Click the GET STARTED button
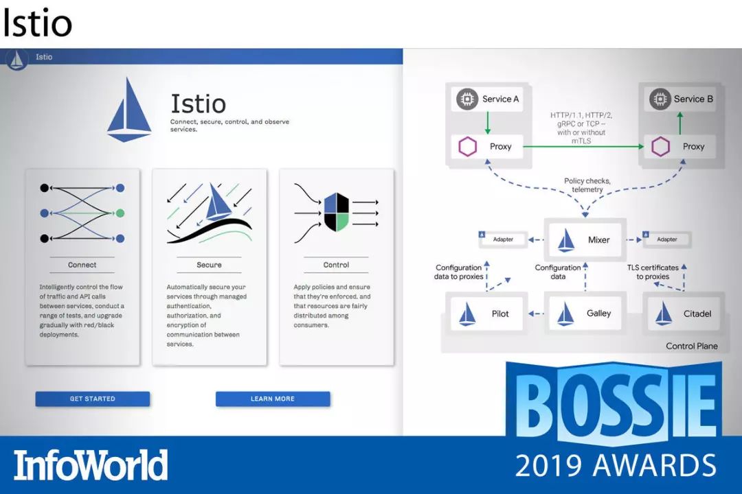tap(92, 399)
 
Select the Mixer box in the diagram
tap(585, 239)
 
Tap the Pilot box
tap(486, 314)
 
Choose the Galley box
tap(585, 313)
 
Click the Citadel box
tap(684, 314)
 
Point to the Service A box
tap(487, 99)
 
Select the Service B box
tap(680, 99)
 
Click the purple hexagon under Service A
tap(468, 147)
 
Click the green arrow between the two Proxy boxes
tap(583, 147)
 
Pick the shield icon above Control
tap(337, 212)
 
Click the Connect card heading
tap(82, 265)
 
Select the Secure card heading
tap(209, 265)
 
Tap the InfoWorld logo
tap(91, 465)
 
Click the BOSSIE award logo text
tap(614, 403)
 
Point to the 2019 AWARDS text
tap(616, 465)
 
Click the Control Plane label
tap(691, 346)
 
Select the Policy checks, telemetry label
tap(587, 185)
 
